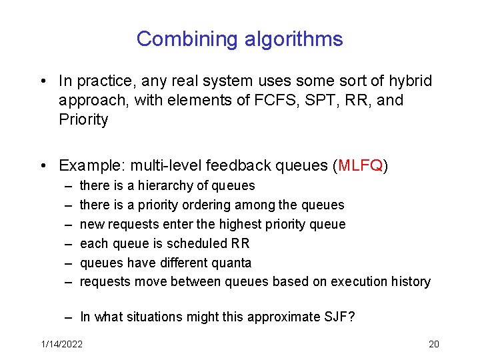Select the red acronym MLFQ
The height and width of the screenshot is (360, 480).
tap(360, 165)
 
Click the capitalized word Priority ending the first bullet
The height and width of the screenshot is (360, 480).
tap(83, 120)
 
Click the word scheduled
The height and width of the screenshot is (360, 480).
tap(192, 243)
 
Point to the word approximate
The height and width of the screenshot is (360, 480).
tap(275, 317)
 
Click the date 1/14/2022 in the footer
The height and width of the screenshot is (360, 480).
tap(61, 344)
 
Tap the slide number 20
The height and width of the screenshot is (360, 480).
tap(433, 344)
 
